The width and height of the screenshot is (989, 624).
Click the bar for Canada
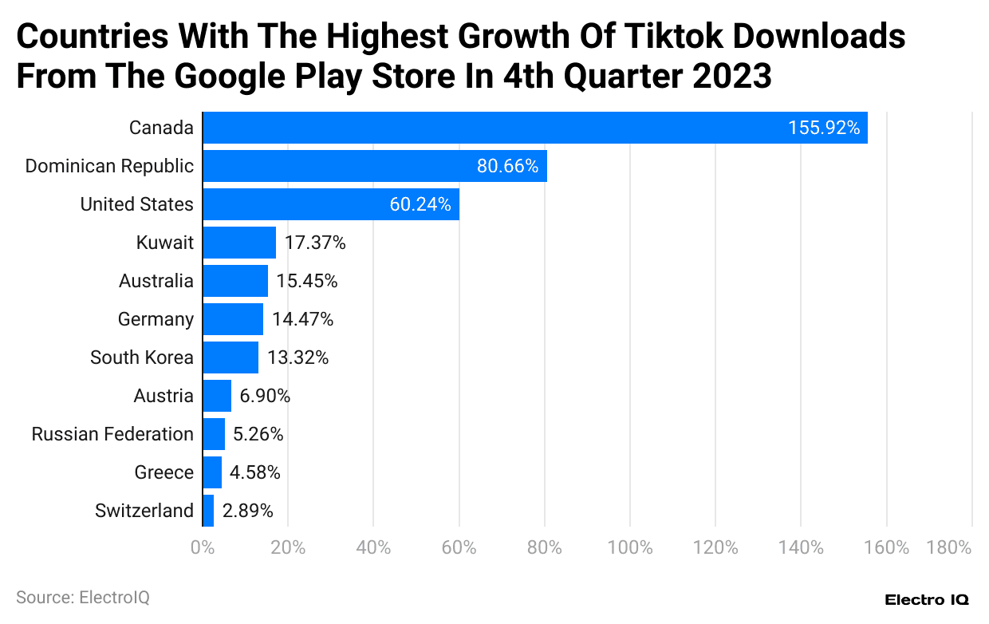[534, 128]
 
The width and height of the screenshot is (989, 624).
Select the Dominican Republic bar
[374, 166]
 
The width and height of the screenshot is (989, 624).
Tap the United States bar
[330, 204]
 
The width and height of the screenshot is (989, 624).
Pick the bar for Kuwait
[239, 243]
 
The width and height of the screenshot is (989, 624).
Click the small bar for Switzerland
[209, 511]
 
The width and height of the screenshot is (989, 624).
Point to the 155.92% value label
[824, 128]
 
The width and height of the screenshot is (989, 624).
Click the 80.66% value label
[507, 166]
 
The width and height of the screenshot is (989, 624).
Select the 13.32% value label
[297, 357]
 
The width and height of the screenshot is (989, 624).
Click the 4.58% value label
[254, 472]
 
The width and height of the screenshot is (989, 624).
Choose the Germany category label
[156, 319]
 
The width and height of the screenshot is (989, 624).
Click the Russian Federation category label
[112, 434]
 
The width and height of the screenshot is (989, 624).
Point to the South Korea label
[142, 357]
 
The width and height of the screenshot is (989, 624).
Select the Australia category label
[156, 281]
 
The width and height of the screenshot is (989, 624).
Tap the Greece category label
[164, 472]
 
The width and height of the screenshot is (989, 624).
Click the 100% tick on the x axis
[630, 547]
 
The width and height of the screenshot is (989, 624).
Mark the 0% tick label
[203, 547]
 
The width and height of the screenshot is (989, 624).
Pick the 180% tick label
[949, 547]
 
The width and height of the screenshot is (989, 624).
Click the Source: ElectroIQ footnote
[82, 597]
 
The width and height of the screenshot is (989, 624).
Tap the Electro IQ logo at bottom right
[926, 599]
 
